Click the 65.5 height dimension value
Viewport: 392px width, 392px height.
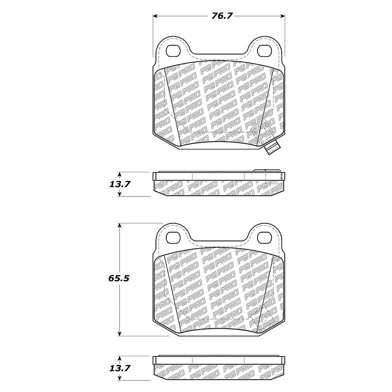coord(119,278)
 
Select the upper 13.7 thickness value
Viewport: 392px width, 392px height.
coord(120,184)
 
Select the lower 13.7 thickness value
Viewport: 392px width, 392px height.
coord(120,368)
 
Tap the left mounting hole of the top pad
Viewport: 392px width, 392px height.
coord(173,51)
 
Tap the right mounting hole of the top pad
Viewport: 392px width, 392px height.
coord(264,51)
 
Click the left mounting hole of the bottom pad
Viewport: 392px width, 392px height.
coord(173,237)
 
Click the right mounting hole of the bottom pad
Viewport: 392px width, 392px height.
coord(264,237)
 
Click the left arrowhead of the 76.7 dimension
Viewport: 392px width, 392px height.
coord(155,16)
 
